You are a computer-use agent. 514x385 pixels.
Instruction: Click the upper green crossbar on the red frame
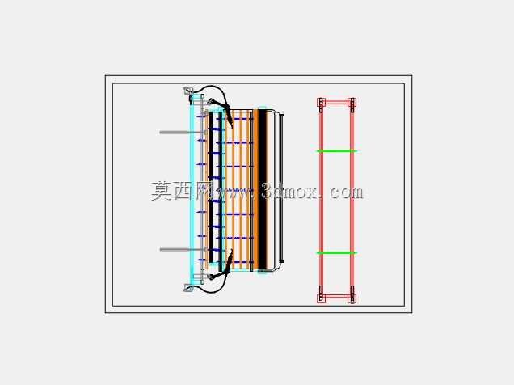click(x=336, y=151)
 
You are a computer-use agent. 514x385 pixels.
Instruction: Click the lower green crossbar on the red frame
click(x=336, y=253)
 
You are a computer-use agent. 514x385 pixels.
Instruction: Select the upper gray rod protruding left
click(x=183, y=133)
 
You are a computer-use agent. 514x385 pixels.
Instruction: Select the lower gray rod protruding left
click(x=183, y=250)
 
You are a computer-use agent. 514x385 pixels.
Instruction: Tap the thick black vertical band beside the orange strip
click(x=262, y=189)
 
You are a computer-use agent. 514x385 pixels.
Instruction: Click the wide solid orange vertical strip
click(x=255, y=189)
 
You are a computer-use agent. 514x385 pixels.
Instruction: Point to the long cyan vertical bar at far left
click(x=192, y=189)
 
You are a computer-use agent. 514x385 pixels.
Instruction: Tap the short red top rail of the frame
click(x=336, y=103)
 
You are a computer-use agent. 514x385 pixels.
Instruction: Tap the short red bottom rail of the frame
click(x=336, y=297)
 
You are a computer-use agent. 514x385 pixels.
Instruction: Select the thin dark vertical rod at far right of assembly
click(x=282, y=188)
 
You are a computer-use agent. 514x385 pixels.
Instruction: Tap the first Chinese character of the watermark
click(x=161, y=191)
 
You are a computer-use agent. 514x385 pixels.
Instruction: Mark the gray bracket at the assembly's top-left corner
click(x=187, y=90)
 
